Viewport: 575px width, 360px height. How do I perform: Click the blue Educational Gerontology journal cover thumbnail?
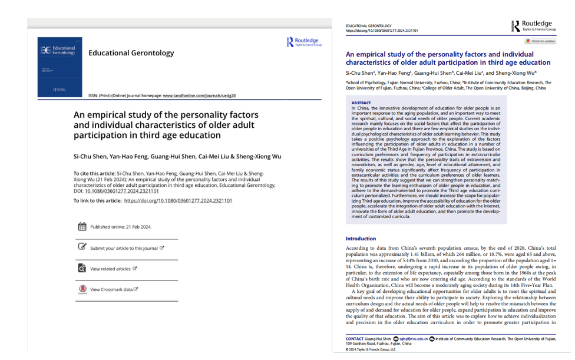[57, 67]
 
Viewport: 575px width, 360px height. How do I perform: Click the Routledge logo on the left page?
[304, 41]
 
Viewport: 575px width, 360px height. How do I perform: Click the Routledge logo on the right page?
[534, 25]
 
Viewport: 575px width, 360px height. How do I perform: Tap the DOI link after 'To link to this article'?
[178, 200]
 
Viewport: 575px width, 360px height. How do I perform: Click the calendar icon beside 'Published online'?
[82, 227]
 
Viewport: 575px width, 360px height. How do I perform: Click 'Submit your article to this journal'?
[124, 248]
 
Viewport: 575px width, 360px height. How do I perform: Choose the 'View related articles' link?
[110, 269]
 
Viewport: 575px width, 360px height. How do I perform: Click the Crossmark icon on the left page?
[82, 289]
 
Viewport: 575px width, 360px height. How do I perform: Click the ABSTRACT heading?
[361, 103]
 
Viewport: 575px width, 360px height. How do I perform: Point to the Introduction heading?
[361, 239]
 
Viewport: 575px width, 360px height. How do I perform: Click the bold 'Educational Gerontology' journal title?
[131, 53]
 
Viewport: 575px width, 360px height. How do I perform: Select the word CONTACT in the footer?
[355, 339]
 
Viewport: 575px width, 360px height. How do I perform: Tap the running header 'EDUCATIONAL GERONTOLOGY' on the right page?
[368, 26]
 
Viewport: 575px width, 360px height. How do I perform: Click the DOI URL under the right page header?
[381, 31]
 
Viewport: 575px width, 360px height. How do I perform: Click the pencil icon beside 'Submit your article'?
[82, 247]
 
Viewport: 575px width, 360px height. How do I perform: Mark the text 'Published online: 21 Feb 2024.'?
[121, 227]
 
